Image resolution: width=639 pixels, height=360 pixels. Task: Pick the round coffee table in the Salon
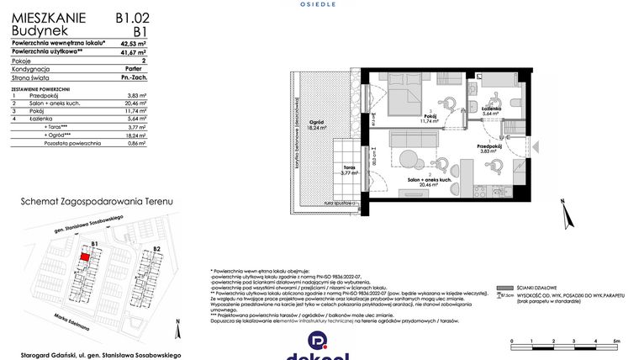pos(409,157)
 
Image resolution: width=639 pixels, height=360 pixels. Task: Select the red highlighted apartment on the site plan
pos(85,259)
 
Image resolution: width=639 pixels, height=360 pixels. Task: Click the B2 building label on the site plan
pos(156,249)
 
